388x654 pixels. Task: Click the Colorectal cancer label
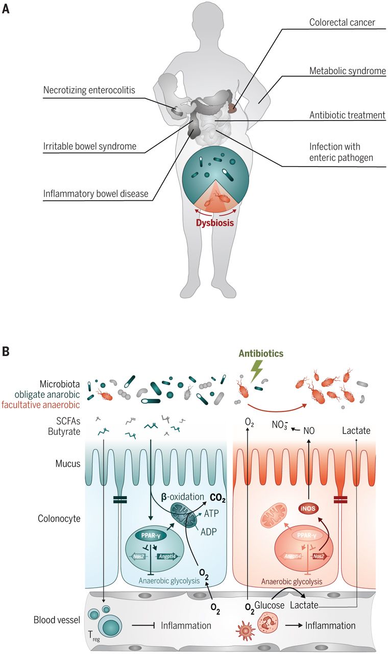[x=342, y=23]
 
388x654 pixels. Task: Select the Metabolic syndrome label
[x=347, y=71]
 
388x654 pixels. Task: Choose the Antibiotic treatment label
[x=347, y=115]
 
